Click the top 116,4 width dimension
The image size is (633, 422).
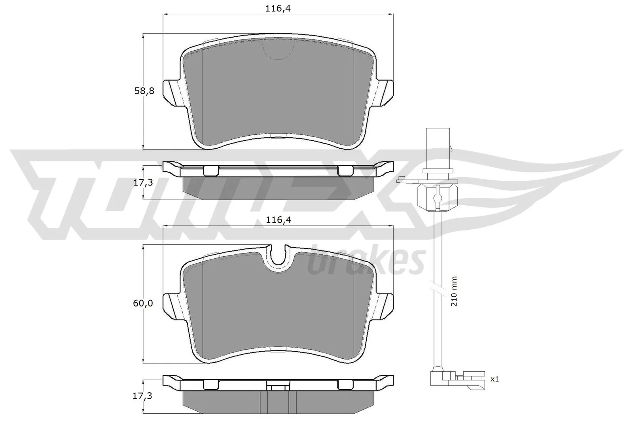(279, 8)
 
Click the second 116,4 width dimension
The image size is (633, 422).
(279, 220)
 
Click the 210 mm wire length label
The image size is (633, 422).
(454, 291)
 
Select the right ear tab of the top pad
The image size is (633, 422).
(385, 92)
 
